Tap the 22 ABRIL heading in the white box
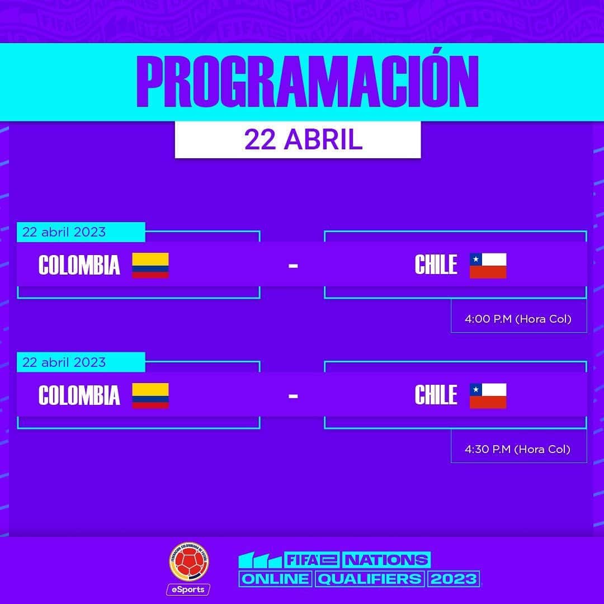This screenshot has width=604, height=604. pyautogui.click(x=304, y=139)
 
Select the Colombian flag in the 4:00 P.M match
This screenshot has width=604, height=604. pyautogui.click(x=150, y=266)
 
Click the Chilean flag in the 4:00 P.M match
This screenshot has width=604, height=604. pyautogui.click(x=488, y=266)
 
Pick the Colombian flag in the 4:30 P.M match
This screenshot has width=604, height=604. pyautogui.click(x=150, y=395)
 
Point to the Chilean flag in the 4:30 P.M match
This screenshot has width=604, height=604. pyautogui.click(x=488, y=395)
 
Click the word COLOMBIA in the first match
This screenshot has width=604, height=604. pyautogui.click(x=79, y=265)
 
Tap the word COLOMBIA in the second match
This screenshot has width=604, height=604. pyautogui.click(x=79, y=395)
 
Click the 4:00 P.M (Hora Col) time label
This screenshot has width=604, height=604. pyautogui.click(x=518, y=319)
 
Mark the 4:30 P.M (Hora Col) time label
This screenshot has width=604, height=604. pyautogui.click(x=518, y=449)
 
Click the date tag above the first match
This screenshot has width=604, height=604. pyautogui.click(x=81, y=232)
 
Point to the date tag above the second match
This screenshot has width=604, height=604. pyautogui.click(x=81, y=362)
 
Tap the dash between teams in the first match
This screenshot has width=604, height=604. pyautogui.click(x=293, y=266)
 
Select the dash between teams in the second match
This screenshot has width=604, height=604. pyautogui.click(x=293, y=396)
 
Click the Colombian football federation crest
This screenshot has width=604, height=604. pyautogui.click(x=189, y=563)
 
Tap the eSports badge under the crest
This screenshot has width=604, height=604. pyautogui.click(x=188, y=590)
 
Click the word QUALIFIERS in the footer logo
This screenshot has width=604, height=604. pyautogui.click(x=370, y=579)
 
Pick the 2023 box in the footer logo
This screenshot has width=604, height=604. pyautogui.click(x=454, y=579)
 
